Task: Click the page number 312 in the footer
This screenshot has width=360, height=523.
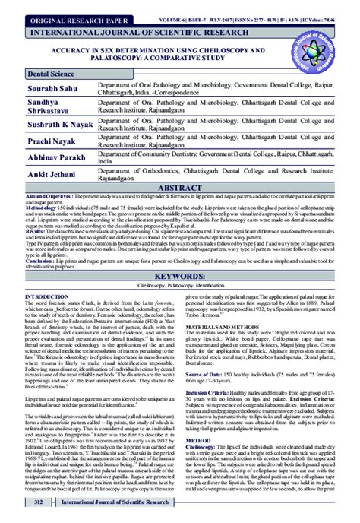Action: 34,502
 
